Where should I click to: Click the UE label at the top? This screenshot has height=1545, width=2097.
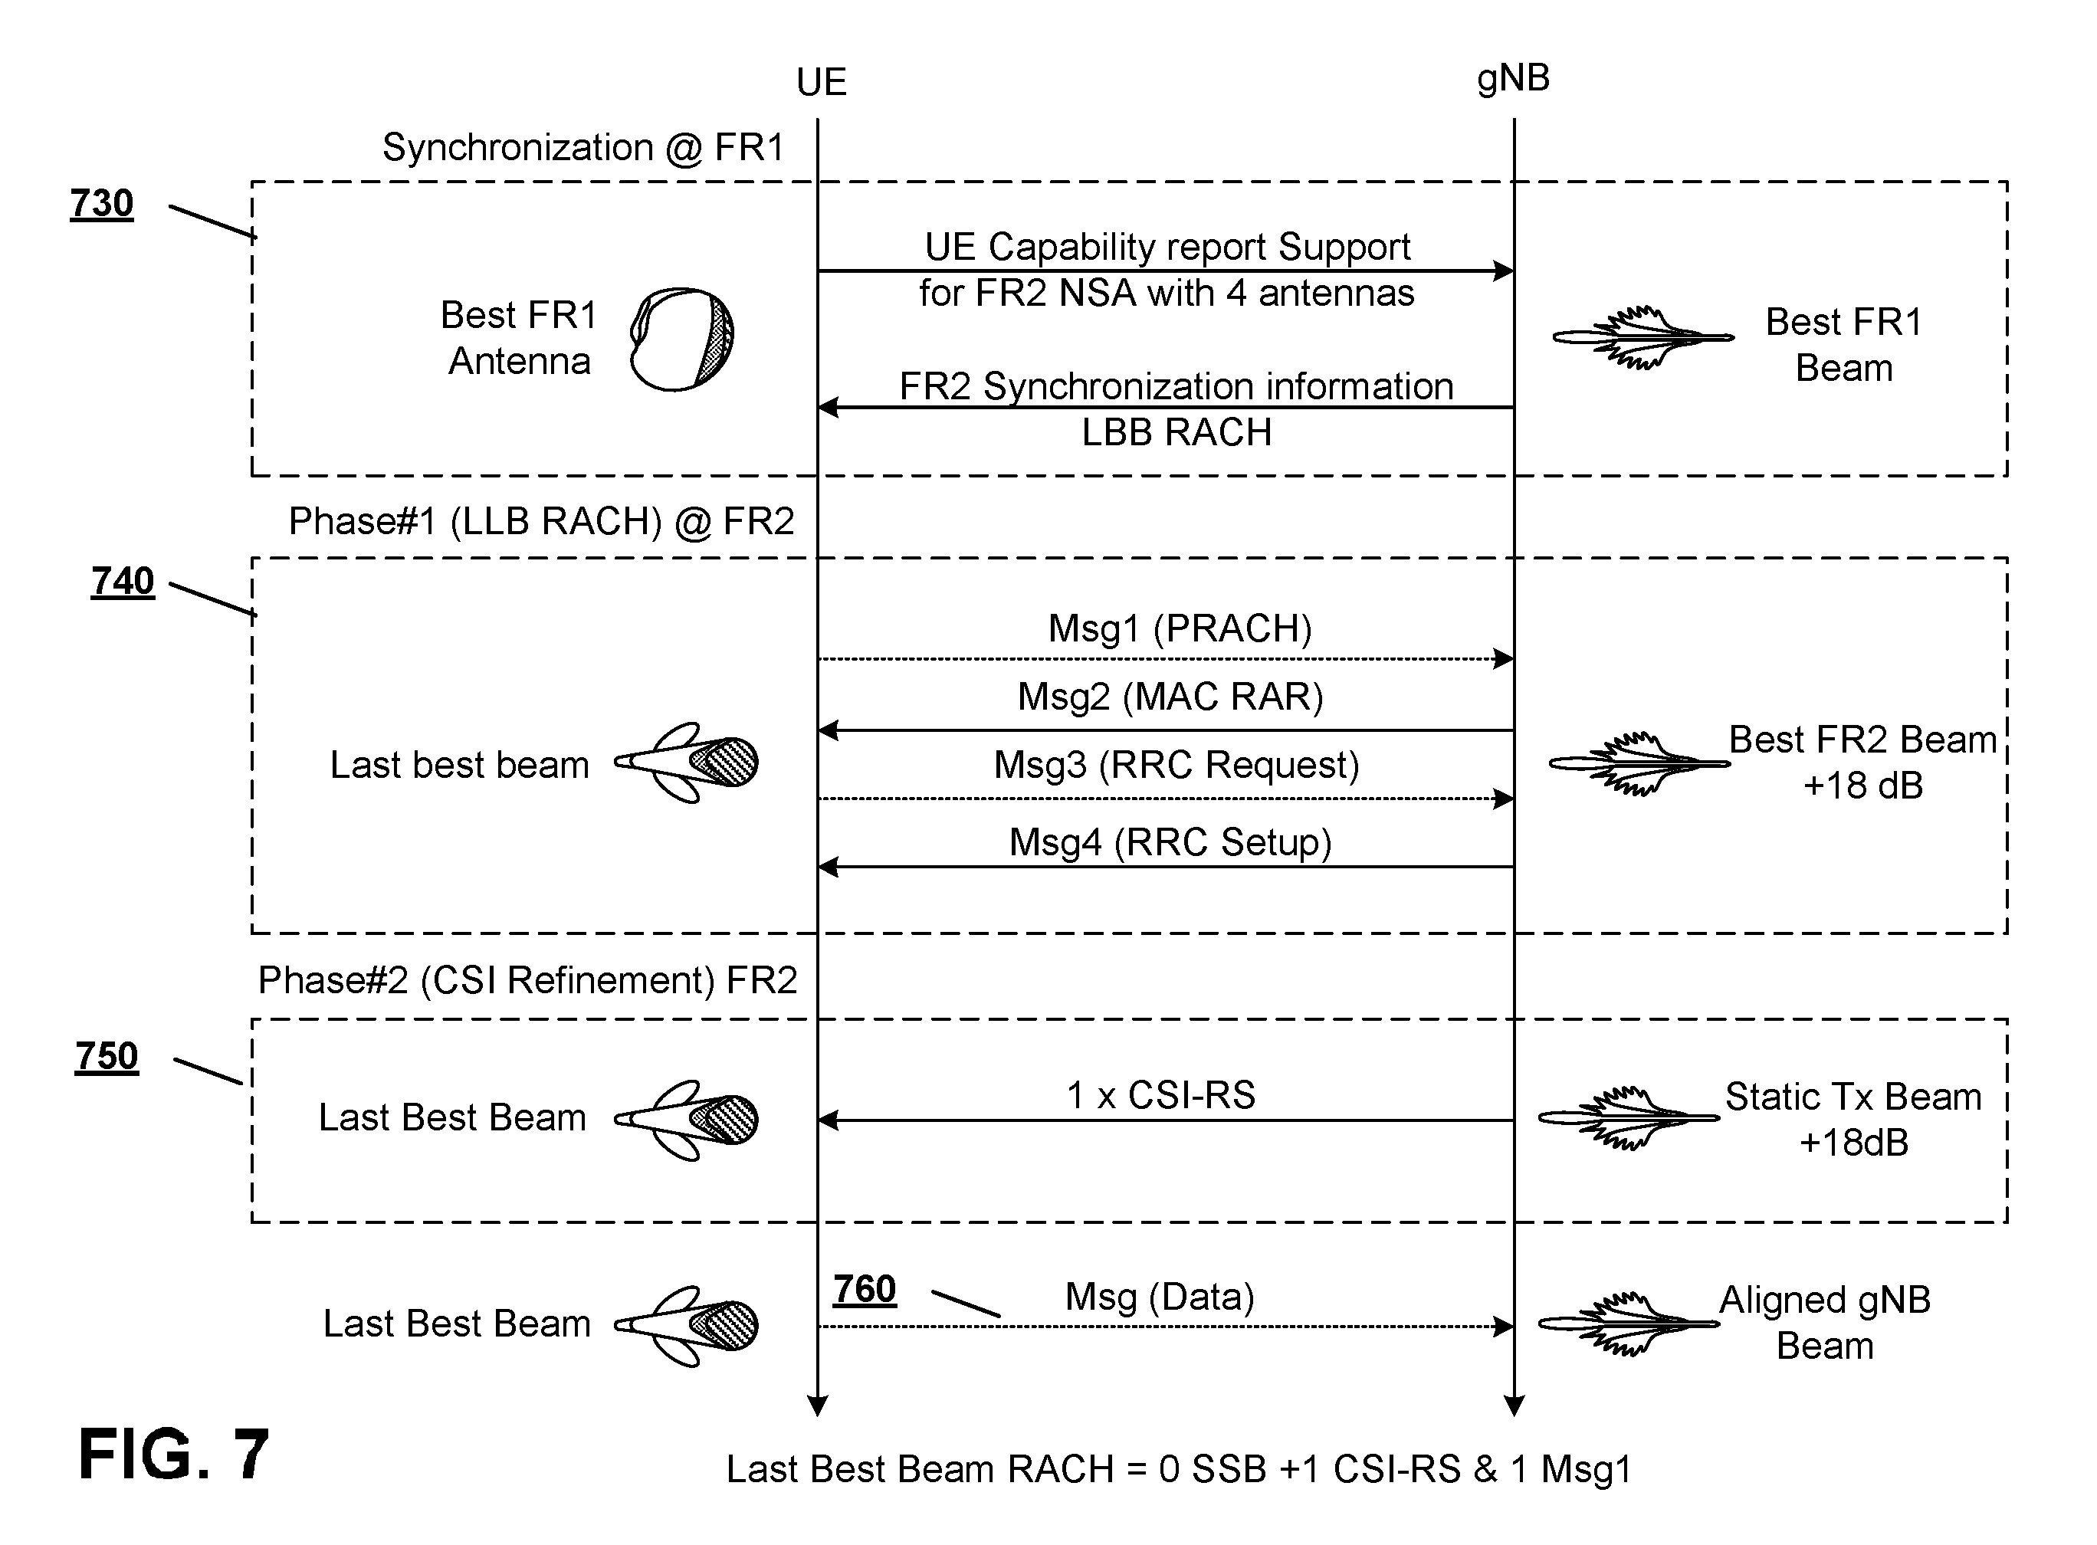(820, 82)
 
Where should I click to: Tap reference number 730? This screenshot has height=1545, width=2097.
(102, 204)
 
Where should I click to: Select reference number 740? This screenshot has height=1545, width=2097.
(123, 582)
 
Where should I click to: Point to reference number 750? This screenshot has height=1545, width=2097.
(107, 1057)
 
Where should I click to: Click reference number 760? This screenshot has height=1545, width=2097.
(865, 1290)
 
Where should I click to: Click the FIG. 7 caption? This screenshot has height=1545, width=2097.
(174, 1455)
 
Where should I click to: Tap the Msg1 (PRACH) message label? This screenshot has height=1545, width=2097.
(1180, 628)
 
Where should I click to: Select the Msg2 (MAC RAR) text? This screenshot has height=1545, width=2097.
(1170, 697)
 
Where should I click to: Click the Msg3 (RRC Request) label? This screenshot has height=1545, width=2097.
(1176, 765)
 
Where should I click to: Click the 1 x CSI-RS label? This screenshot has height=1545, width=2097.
(1160, 1095)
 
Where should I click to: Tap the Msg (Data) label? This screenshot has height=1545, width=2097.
(1160, 1297)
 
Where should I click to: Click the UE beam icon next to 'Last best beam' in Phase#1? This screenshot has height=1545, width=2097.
(686, 763)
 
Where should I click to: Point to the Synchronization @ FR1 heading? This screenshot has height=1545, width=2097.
(582, 148)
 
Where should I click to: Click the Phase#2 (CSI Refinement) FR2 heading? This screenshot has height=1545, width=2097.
(527, 980)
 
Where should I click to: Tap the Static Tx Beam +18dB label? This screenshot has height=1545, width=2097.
(1853, 1120)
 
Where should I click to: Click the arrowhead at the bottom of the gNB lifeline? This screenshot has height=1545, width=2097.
(1514, 1406)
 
